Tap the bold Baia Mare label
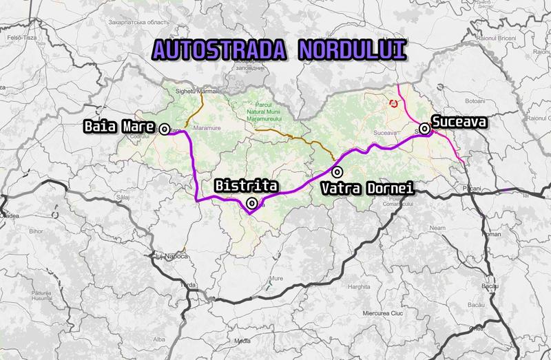coord(117,127)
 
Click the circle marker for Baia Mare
coord(165,128)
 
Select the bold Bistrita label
coord(246,186)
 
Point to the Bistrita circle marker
coord(252,203)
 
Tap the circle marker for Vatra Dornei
coord(336,171)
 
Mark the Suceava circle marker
coord(426,128)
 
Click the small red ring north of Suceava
coord(393,103)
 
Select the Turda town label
coord(187,284)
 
